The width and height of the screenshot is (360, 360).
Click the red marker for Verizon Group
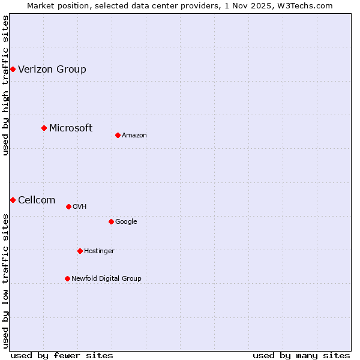click(13, 70)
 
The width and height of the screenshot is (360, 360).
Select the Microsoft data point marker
click(44, 128)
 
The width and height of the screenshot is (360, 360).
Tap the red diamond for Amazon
click(118, 135)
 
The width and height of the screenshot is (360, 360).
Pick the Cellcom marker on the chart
click(13, 200)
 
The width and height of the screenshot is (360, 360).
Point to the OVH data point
click(68, 206)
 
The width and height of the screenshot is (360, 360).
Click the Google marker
click(111, 221)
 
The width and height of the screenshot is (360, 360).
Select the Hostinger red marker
click(80, 251)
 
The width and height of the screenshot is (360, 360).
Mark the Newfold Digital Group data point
click(67, 278)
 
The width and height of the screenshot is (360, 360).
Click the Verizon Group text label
click(52, 70)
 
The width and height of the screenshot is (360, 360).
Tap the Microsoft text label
click(71, 128)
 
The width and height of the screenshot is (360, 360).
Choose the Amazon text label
click(134, 135)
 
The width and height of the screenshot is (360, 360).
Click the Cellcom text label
click(37, 200)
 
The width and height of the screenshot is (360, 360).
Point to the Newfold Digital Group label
click(107, 278)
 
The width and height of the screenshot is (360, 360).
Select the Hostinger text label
click(99, 251)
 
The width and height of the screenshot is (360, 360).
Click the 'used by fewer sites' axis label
click(62, 355)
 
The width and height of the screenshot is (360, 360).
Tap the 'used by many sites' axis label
click(301, 355)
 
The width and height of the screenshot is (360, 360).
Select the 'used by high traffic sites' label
click(5, 85)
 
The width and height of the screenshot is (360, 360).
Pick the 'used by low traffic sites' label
click(5, 280)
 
